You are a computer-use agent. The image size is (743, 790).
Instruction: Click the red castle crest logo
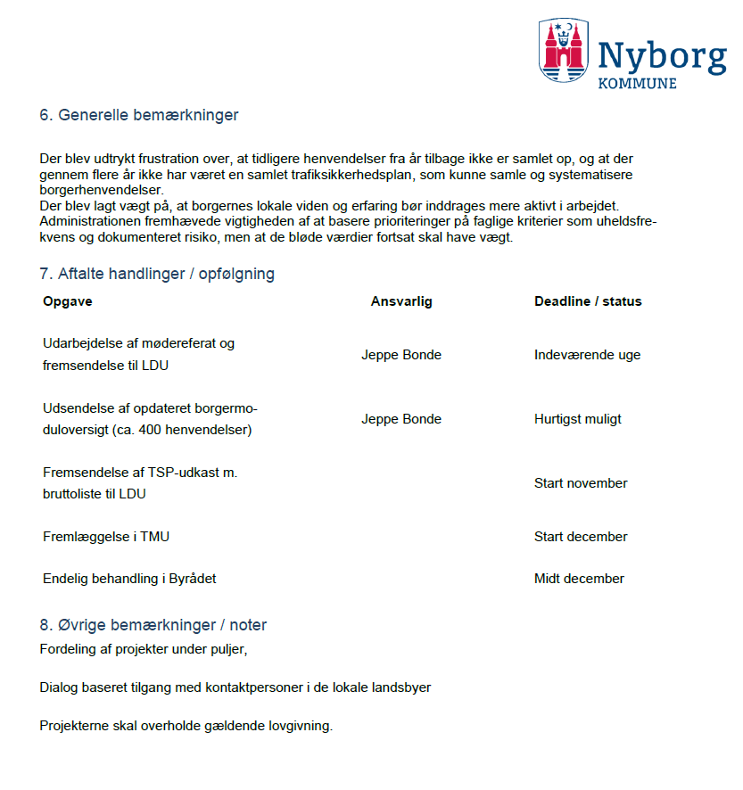pyautogui.click(x=564, y=51)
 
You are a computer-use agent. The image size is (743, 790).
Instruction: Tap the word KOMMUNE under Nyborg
pyautogui.click(x=636, y=83)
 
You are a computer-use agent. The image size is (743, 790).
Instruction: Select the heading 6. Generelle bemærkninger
pyautogui.click(x=139, y=115)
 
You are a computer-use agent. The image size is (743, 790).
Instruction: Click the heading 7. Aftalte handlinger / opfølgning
pyautogui.click(x=157, y=274)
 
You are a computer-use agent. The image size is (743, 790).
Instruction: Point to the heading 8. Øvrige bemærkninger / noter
pyautogui.click(x=153, y=625)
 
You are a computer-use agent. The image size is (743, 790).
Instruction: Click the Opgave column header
pyautogui.click(x=68, y=301)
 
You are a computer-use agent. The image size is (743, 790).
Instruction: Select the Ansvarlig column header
pyautogui.click(x=401, y=301)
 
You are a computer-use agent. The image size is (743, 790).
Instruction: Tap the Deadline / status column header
pyautogui.click(x=588, y=301)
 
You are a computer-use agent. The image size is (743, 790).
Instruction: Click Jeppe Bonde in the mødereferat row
pyautogui.click(x=401, y=355)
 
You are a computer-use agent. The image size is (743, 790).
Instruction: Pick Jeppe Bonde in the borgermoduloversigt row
pyautogui.click(x=401, y=419)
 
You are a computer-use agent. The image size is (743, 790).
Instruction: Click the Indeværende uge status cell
pyautogui.click(x=587, y=355)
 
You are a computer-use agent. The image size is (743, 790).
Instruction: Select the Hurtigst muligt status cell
pyautogui.click(x=578, y=419)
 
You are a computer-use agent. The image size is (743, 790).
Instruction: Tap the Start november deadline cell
pyautogui.click(x=581, y=483)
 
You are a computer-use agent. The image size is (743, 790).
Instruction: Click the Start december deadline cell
pyautogui.click(x=581, y=537)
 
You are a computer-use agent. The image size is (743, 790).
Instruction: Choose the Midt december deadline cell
pyautogui.click(x=579, y=579)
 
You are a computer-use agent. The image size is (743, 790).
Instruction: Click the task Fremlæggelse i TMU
pyautogui.click(x=105, y=537)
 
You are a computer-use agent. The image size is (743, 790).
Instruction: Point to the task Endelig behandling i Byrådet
pyautogui.click(x=129, y=579)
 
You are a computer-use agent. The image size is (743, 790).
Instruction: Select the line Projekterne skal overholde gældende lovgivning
pyautogui.click(x=186, y=726)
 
